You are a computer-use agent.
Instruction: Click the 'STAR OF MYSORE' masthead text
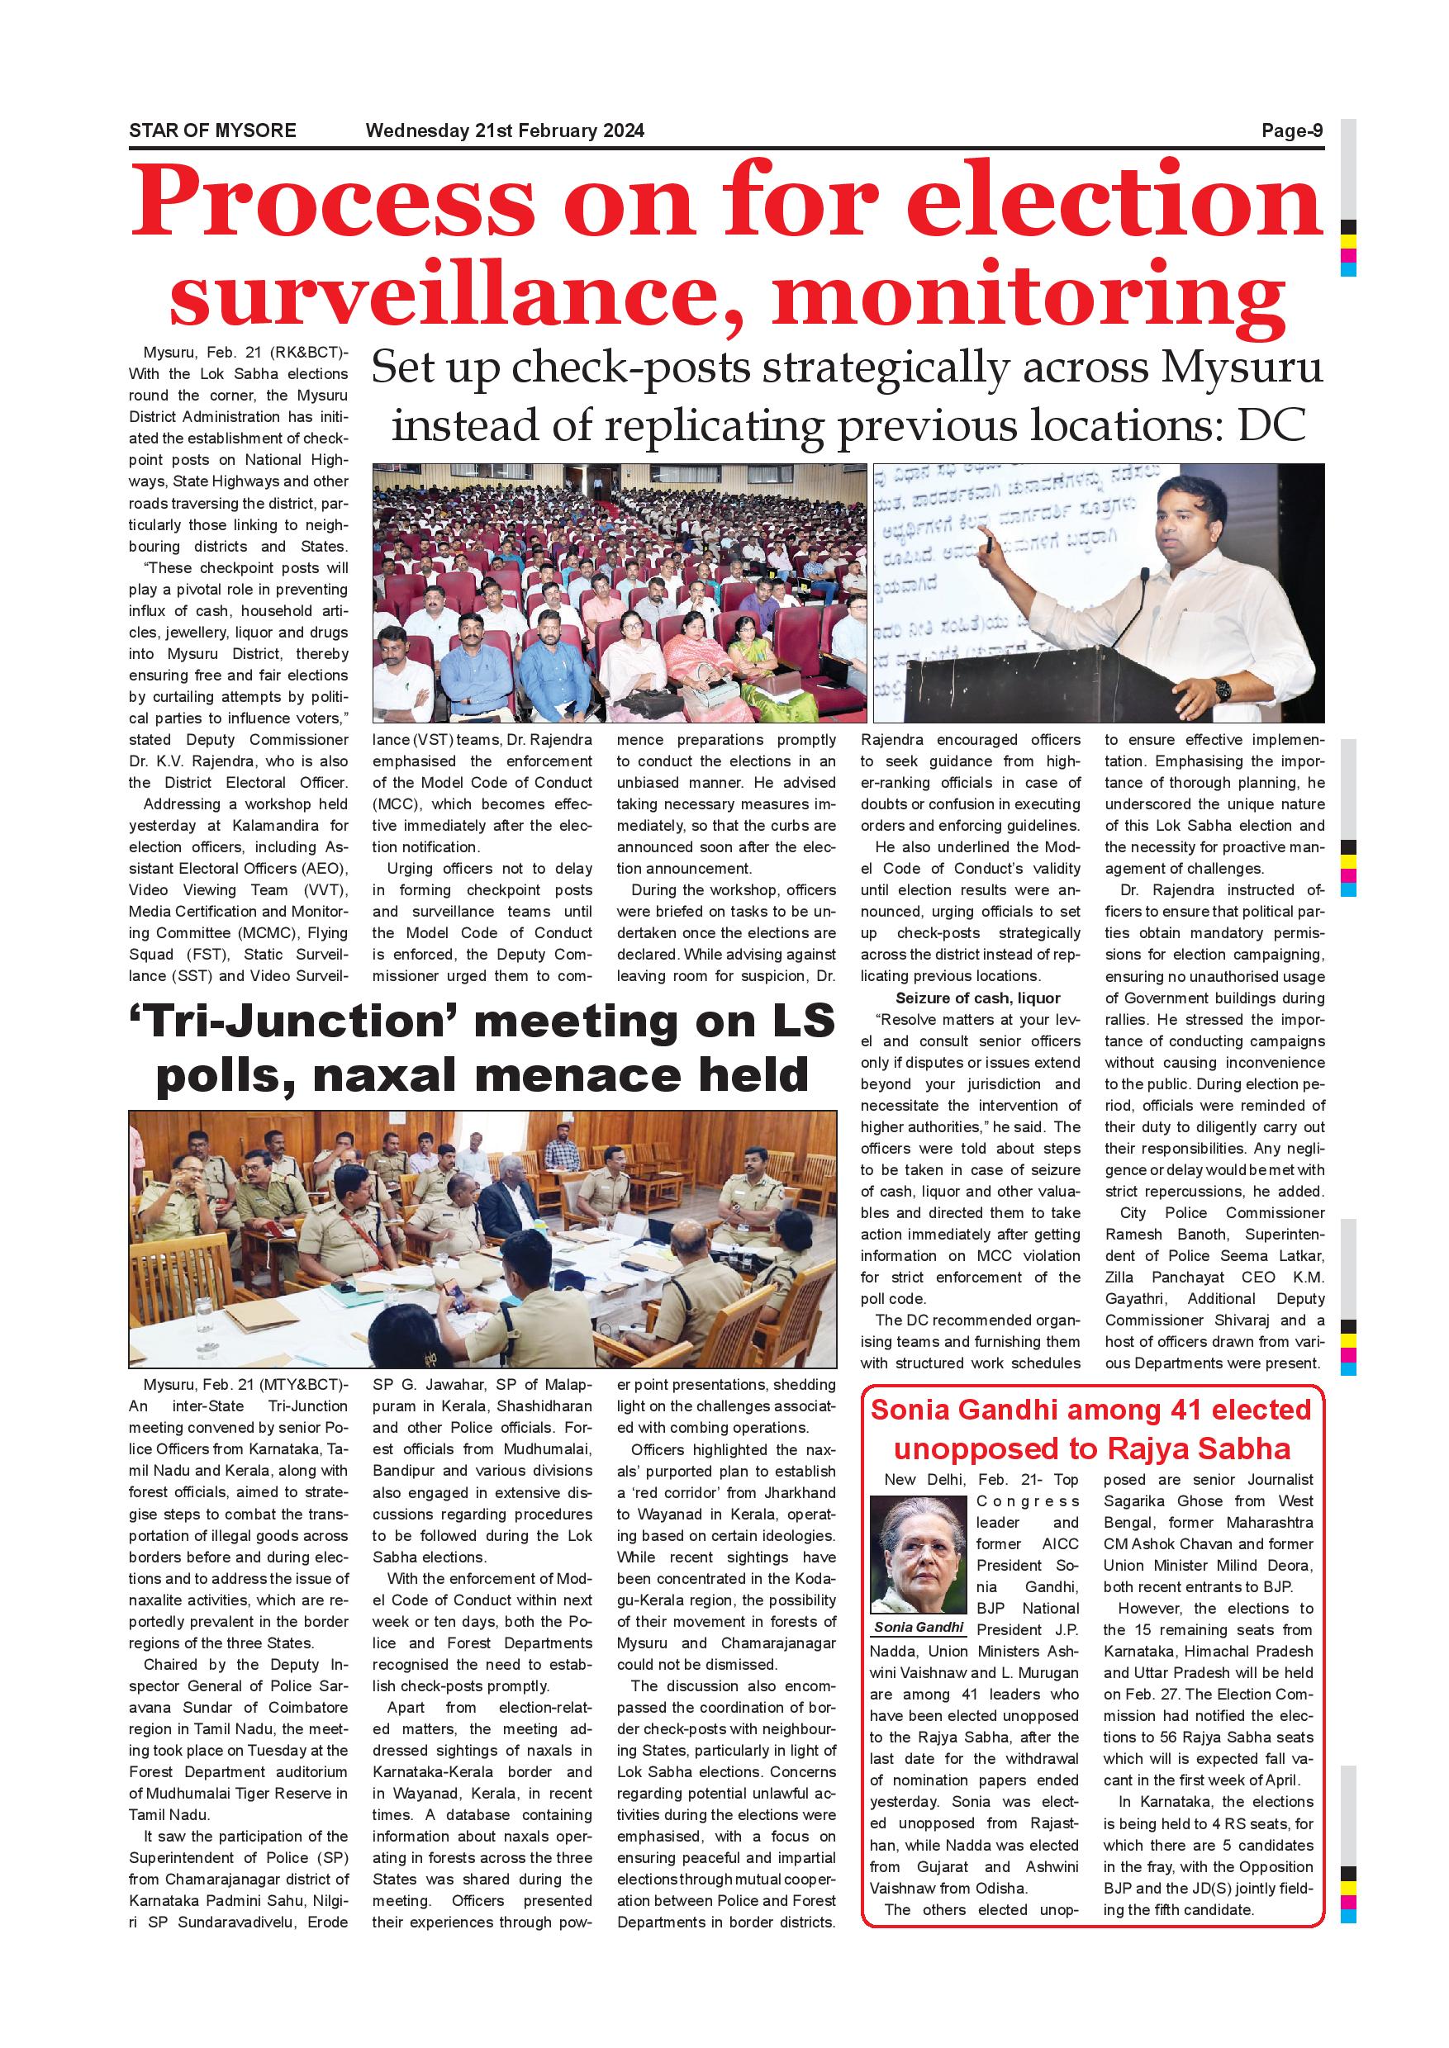coord(212,131)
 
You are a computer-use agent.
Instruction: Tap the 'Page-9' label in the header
coord(1291,131)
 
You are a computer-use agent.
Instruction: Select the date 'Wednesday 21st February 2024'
coord(504,131)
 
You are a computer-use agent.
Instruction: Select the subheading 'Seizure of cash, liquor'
coord(978,998)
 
